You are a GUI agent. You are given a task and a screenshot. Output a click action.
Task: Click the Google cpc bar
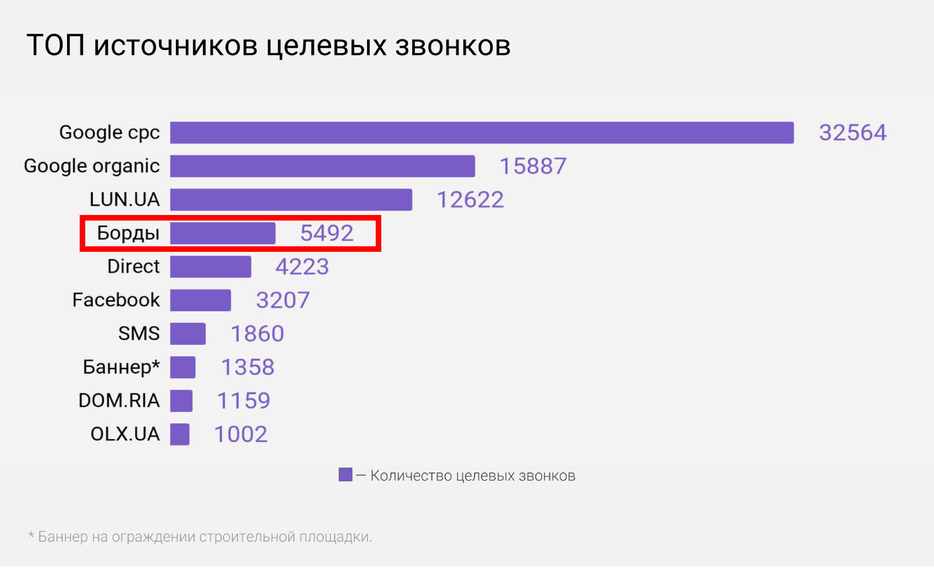482,133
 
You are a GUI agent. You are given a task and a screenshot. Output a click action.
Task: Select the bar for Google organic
323,166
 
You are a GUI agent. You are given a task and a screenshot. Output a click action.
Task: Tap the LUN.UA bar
291,200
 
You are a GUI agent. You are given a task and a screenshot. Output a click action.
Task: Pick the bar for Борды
223,233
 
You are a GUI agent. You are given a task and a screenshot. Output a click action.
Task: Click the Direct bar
210,267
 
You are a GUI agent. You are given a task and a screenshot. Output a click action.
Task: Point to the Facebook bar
201,300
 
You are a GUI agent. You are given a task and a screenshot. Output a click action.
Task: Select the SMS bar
188,334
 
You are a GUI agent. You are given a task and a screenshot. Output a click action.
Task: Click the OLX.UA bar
180,434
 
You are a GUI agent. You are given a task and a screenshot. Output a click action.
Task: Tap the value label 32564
853,133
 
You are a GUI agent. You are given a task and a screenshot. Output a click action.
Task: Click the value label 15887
532,166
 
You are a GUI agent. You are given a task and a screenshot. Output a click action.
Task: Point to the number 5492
326,233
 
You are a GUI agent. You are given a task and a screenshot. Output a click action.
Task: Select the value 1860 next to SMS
257,334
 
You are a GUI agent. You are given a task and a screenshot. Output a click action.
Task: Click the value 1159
243,401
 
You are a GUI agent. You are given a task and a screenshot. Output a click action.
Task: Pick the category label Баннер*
121,367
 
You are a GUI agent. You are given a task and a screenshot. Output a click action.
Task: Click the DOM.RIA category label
119,400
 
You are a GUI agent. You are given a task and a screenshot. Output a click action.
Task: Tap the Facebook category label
116,300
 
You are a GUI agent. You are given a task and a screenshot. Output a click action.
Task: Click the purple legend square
346,475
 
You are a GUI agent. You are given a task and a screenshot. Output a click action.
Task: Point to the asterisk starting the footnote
31,535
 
